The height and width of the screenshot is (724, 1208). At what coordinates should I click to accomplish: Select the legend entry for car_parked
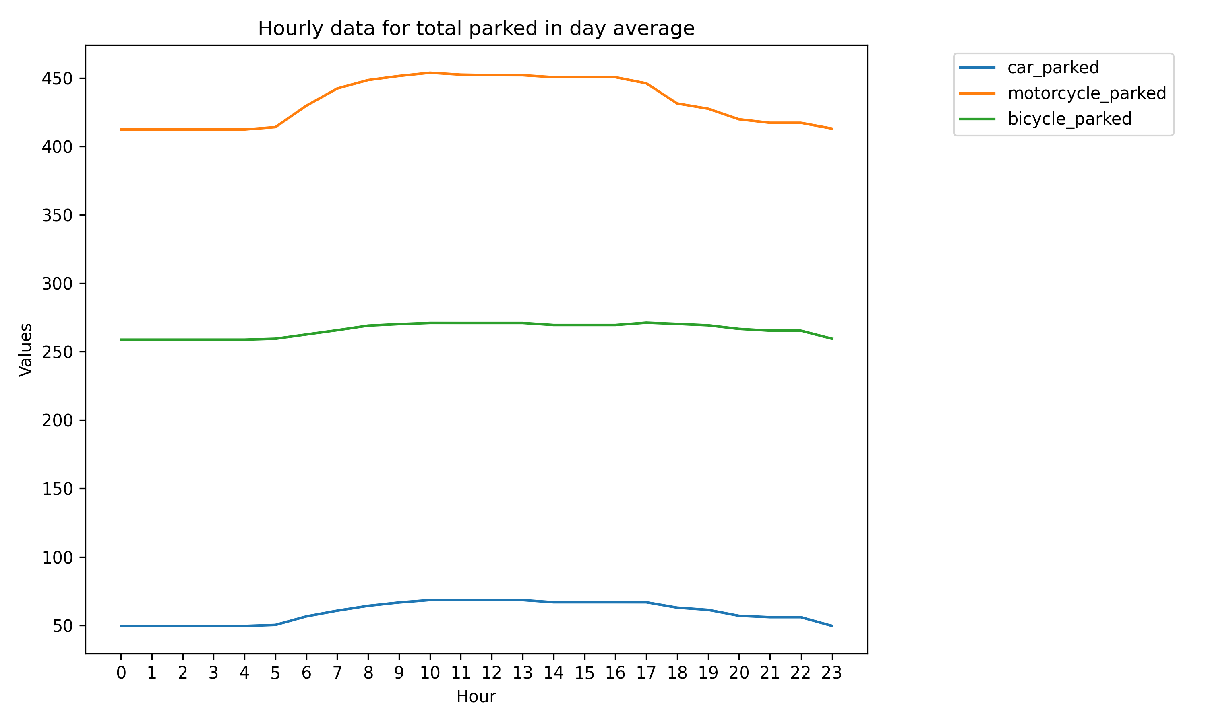tap(1053, 67)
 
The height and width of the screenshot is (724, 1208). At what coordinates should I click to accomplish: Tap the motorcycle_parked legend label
tap(1086, 93)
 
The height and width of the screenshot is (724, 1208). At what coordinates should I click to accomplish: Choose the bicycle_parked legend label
tap(1069, 119)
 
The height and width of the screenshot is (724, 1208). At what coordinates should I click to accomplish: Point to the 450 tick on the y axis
tap(57, 78)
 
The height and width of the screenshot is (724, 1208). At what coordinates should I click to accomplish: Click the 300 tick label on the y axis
tap(57, 284)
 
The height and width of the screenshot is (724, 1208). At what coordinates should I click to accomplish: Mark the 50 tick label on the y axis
tap(62, 626)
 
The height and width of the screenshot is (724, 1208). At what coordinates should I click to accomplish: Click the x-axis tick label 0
tap(121, 673)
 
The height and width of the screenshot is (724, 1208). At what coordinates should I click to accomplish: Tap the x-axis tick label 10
tap(430, 673)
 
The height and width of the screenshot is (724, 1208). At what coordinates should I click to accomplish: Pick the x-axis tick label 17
tap(646, 673)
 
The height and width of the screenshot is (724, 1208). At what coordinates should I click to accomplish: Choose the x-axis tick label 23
tap(832, 673)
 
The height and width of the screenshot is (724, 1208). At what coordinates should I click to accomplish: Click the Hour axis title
tap(476, 697)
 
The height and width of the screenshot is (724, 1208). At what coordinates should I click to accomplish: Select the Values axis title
tap(25, 350)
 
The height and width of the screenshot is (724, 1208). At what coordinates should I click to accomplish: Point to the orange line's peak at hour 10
tap(430, 73)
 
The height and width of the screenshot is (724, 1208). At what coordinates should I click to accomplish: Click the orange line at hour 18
tap(677, 103)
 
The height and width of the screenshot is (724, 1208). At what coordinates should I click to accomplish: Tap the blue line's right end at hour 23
tap(832, 626)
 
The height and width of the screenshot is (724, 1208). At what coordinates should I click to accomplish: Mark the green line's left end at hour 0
tap(121, 339)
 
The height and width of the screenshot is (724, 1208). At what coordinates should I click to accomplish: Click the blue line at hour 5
tap(275, 625)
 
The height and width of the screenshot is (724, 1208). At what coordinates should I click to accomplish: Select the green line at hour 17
tap(646, 323)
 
